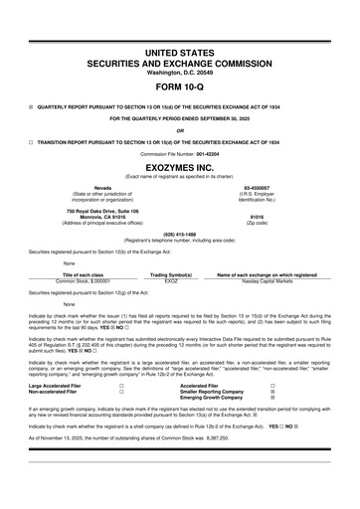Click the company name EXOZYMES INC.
[179, 171]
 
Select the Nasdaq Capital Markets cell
[270, 281]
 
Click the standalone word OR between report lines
[179, 129]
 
